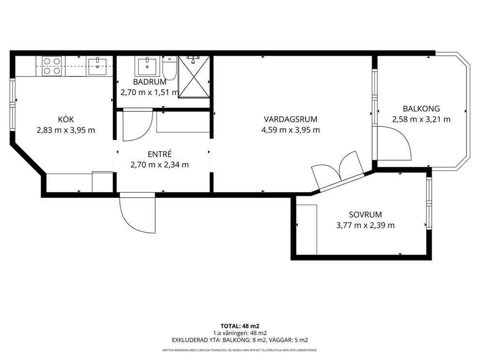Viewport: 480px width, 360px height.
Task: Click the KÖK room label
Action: coord(66,120)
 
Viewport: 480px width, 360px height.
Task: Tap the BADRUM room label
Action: coord(150,82)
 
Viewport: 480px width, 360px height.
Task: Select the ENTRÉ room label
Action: coord(160,154)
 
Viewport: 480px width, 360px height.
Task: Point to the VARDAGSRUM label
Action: coord(290,119)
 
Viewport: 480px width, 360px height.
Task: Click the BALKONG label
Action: coord(421,108)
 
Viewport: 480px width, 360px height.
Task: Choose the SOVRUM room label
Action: coord(365,214)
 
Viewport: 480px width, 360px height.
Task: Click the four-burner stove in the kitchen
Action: coord(51,66)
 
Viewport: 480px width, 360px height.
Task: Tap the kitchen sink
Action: coord(97,66)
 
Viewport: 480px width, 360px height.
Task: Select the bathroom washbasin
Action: coord(147,66)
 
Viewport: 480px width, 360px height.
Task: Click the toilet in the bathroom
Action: coord(169,68)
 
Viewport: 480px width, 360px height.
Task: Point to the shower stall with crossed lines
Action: coord(194,77)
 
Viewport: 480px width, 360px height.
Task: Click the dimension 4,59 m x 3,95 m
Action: coord(290,130)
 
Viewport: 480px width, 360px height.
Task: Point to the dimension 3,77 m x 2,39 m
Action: coord(365,225)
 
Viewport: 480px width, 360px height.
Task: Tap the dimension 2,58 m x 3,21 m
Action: coord(421,119)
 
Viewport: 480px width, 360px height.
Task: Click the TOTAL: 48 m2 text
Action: coord(240,326)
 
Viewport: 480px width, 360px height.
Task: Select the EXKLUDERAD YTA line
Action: coord(240,340)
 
